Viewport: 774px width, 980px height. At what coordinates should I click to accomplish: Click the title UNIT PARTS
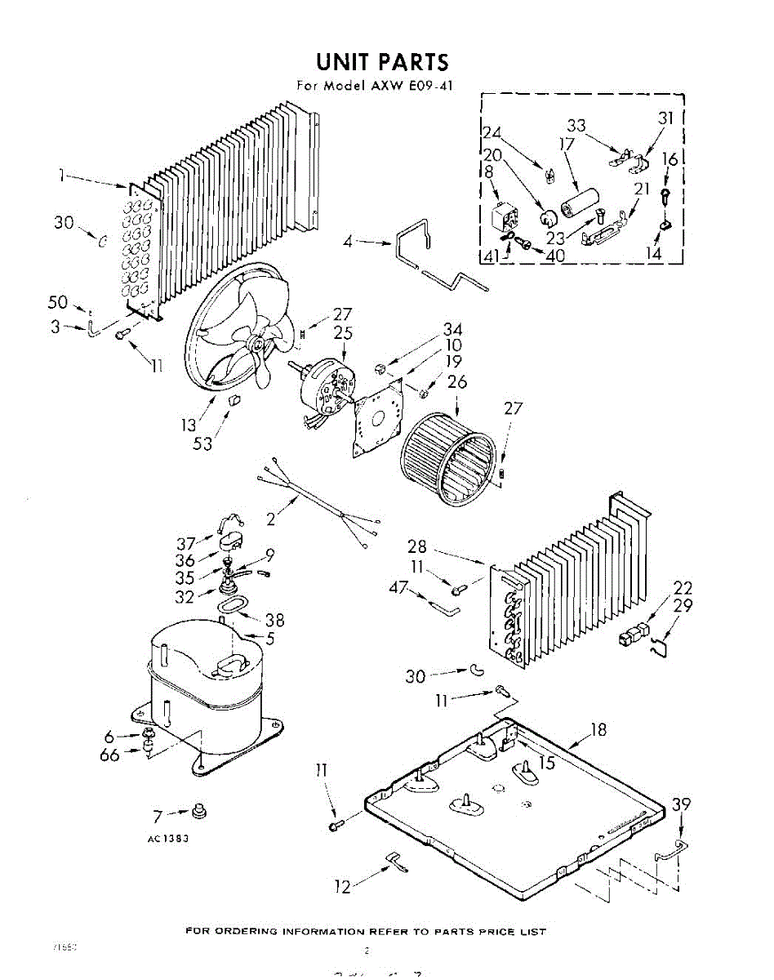382,62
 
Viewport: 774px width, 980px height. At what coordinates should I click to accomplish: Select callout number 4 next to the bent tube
348,242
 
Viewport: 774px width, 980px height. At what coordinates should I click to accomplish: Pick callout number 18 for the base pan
598,729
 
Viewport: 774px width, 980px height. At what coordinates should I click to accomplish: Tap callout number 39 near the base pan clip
681,806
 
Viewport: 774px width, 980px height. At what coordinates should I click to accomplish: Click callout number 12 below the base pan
344,886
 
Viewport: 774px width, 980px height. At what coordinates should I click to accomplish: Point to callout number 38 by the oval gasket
274,621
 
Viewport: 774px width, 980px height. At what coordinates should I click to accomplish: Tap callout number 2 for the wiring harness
270,517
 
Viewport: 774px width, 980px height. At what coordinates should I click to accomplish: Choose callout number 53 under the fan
202,443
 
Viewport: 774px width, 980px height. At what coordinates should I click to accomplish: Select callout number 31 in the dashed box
666,118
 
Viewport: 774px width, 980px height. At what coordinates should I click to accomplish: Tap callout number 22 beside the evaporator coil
683,588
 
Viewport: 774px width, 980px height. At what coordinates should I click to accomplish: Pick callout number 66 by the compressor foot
109,755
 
